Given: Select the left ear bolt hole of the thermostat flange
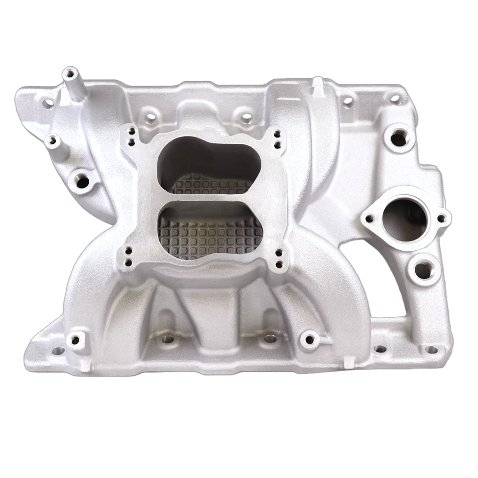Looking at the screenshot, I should tap(369, 218).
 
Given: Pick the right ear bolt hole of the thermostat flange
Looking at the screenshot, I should tap(441, 217).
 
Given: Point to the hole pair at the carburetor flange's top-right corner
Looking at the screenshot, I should tap(276, 140).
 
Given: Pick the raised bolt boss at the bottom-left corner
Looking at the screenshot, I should tap(75, 340).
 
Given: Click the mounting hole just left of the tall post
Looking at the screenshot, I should tap(49, 104).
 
